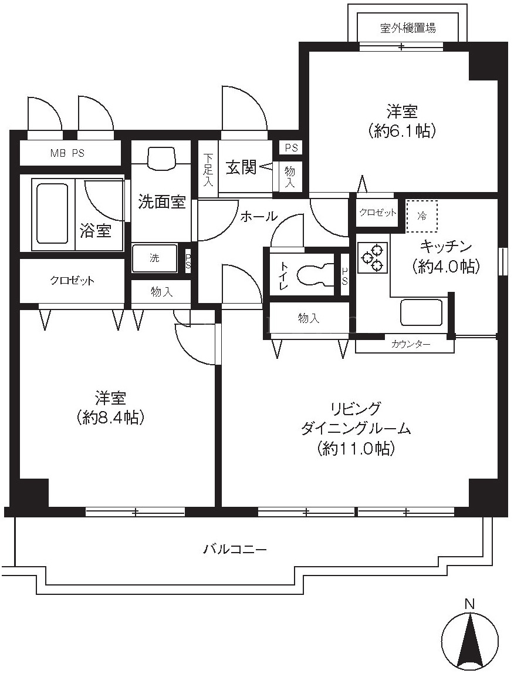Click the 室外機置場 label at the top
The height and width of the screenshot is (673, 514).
[408, 28]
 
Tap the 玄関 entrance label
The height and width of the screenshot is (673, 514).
[241, 167]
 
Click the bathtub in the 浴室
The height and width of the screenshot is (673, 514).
[52, 213]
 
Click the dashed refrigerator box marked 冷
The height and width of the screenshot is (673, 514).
[422, 216]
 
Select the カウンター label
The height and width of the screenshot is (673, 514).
[410, 344]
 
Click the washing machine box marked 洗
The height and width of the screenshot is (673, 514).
[154, 258]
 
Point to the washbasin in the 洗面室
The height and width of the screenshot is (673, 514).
[161, 159]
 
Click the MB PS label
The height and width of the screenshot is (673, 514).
[67, 153]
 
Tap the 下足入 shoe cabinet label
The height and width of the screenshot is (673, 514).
[208, 170]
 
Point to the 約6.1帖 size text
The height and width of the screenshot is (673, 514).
[402, 130]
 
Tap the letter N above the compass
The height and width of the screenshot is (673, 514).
[470, 604]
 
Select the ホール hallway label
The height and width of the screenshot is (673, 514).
[259, 216]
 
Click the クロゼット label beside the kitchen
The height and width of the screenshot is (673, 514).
[377, 213]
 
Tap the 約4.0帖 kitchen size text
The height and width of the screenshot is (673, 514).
[445, 267]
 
